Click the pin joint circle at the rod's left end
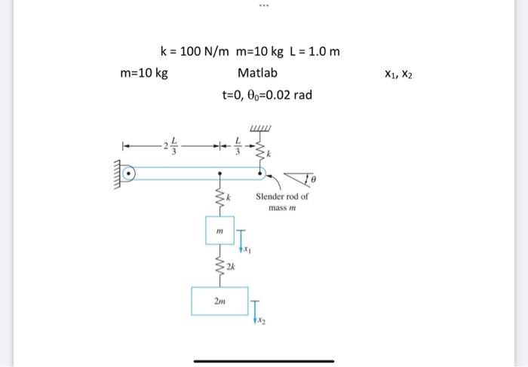(130, 174)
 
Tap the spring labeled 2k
(220, 266)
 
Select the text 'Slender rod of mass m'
(282, 201)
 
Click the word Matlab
(257, 73)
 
